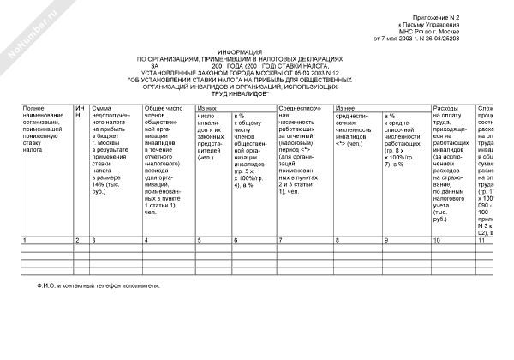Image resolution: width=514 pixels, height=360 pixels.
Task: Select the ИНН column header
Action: [80, 112]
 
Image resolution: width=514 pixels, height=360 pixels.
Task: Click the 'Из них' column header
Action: [206, 109]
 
